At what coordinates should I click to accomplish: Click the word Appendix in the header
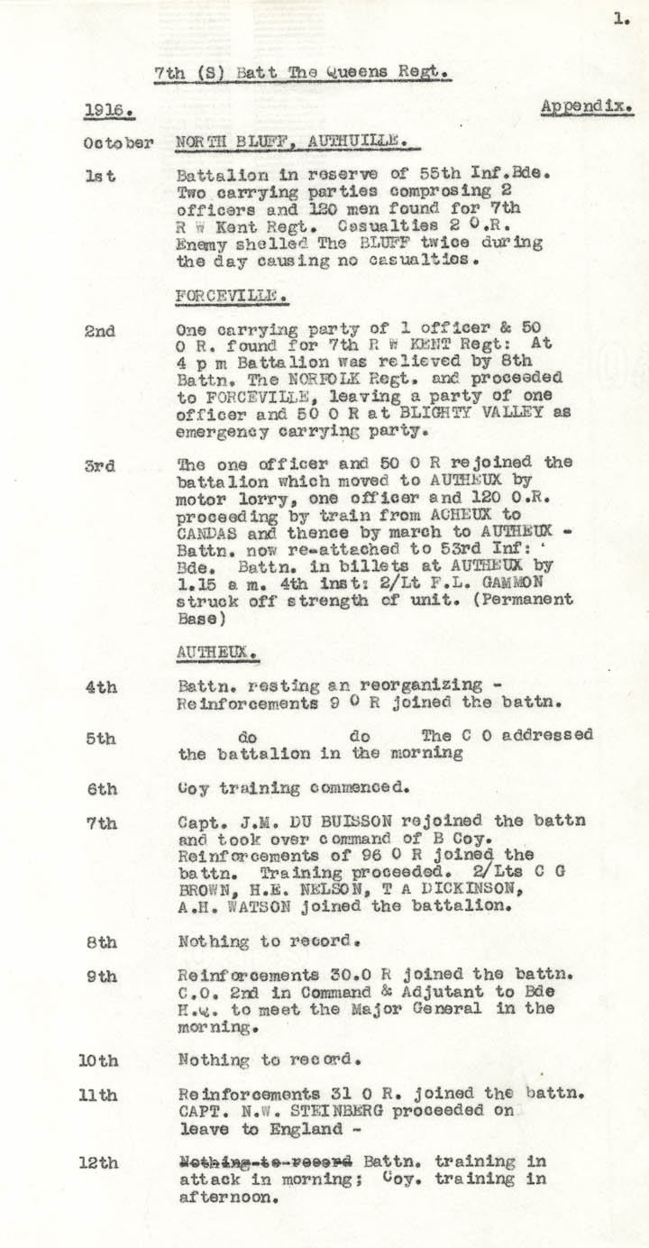click(587, 106)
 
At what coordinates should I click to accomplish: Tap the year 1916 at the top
click(108, 112)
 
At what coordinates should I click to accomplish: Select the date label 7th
click(102, 823)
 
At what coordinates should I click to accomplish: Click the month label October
click(117, 143)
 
